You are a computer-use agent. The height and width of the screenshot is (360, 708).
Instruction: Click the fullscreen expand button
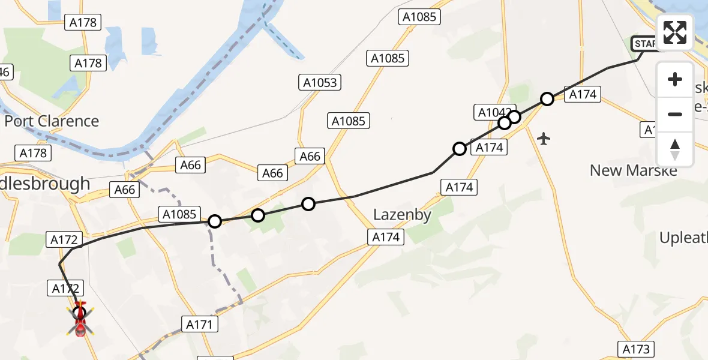click(x=675, y=32)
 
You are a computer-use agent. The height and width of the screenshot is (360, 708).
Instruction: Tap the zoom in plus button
click(x=675, y=79)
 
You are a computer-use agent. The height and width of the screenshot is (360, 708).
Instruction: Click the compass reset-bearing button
click(x=675, y=149)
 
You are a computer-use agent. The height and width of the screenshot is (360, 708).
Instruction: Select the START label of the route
click(x=645, y=43)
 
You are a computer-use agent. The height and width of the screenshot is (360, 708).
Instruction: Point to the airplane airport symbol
click(x=544, y=139)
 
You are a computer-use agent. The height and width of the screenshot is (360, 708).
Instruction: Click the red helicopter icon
click(x=80, y=319)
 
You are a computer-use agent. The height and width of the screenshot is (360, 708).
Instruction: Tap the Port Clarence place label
click(x=52, y=121)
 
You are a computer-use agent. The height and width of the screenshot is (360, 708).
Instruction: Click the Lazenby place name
click(x=402, y=215)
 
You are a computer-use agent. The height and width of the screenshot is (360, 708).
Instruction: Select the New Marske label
click(x=633, y=170)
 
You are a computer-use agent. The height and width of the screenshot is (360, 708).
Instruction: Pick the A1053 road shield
click(x=320, y=82)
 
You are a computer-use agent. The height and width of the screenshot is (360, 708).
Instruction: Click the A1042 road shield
click(x=493, y=112)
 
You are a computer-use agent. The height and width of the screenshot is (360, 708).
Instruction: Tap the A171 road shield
click(x=199, y=325)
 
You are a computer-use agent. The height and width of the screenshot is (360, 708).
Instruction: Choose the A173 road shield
click(x=636, y=349)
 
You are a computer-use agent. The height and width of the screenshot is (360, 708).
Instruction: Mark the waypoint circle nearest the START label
click(x=547, y=99)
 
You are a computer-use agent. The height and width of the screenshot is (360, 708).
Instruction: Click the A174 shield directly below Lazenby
click(x=386, y=237)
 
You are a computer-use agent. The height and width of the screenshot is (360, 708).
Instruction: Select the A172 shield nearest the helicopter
click(x=65, y=289)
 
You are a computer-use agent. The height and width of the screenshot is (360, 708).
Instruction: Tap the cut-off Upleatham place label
click(x=683, y=238)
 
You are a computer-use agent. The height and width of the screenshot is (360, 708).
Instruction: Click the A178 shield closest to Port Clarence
click(x=33, y=153)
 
